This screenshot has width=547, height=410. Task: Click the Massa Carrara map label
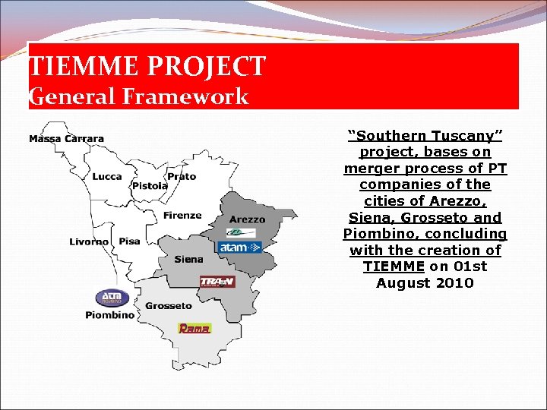coord(66,139)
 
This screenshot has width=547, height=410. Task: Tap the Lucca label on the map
coord(107,177)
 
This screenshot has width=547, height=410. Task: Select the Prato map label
coord(182,177)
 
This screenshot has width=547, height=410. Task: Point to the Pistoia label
coord(150,186)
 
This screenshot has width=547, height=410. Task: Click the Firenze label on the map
coord(182,216)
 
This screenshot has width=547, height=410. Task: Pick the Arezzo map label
coord(247,219)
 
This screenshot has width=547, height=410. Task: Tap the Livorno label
coord(90,241)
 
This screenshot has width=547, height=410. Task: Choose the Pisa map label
coord(129,241)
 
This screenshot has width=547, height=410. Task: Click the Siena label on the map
coord(188,260)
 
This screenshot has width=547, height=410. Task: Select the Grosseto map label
coord(169,306)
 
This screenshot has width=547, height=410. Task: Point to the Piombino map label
coord(109,314)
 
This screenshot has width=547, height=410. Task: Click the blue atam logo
coord(239,248)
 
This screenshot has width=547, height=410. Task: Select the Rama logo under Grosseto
coord(194,328)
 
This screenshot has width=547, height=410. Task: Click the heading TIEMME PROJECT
coord(147,66)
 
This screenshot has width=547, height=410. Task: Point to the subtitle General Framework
coord(138,96)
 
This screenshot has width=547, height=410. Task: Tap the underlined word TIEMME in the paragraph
coord(394,266)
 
